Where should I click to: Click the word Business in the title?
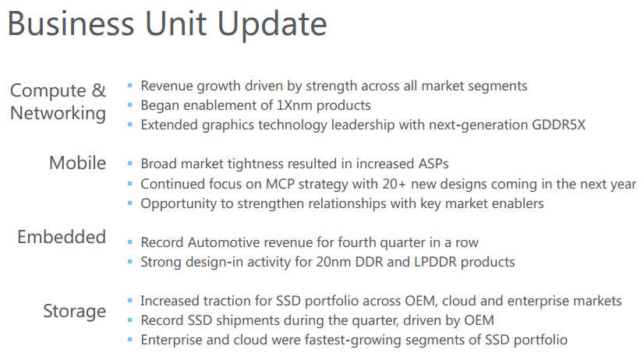click(x=71, y=23)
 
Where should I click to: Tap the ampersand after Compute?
click(x=98, y=90)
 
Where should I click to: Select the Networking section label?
click(x=58, y=114)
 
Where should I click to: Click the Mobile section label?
click(x=78, y=163)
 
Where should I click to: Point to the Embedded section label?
click(x=62, y=237)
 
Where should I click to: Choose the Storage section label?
click(x=74, y=312)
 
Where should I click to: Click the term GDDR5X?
click(x=558, y=125)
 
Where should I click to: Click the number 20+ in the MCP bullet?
click(x=395, y=184)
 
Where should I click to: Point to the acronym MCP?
click(x=280, y=184)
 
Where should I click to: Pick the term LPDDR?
click(x=435, y=262)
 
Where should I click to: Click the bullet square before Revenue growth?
click(x=129, y=86)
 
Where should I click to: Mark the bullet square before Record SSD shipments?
click(x=129, y=320)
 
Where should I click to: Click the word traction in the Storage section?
click(x=227, y=301)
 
